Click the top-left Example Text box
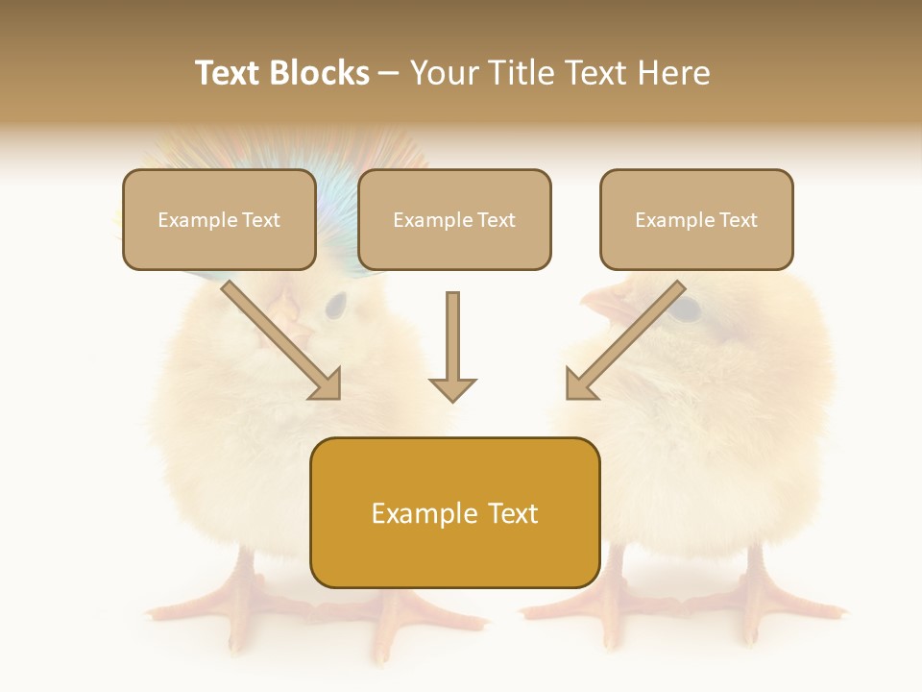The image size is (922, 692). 219,219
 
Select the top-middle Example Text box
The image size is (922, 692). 454,219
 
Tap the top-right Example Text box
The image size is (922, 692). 696,219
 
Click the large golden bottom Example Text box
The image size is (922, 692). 454,512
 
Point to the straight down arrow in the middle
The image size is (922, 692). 452,346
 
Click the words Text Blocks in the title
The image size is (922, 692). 281,73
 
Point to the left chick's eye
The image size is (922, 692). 335,307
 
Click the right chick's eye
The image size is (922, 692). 684,309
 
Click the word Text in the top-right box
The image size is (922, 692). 738,219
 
